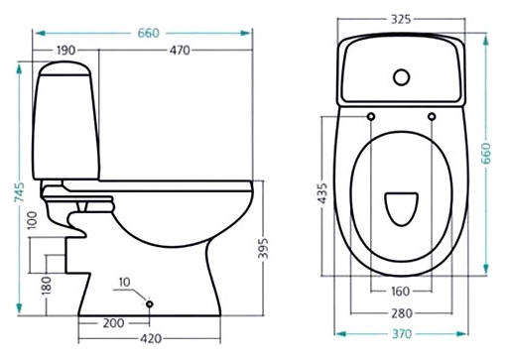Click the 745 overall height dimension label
(20, 192)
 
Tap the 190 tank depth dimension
(66, 51)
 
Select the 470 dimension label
(180, 51)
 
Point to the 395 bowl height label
(263, 248)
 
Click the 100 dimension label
(32, 220)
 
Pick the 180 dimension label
(47, 286)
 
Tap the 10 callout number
(124, 283)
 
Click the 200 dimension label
(113, 323)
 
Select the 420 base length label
(151, 339)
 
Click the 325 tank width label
(401, 20)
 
